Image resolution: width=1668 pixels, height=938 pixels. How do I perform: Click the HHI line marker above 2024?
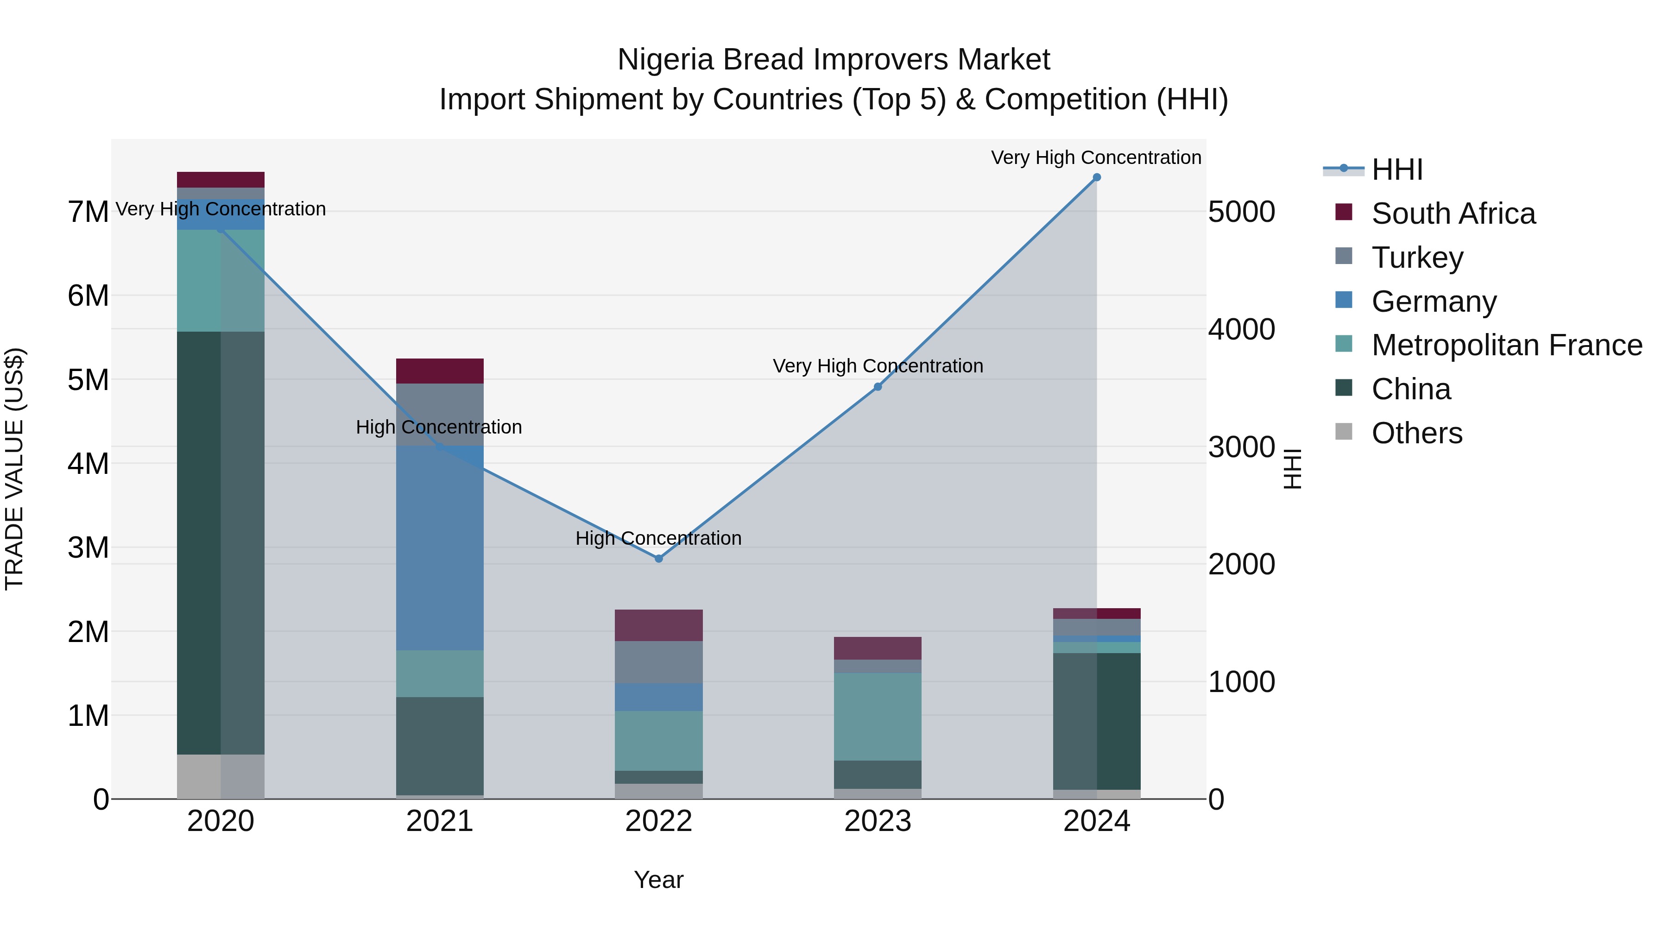[1096, 177]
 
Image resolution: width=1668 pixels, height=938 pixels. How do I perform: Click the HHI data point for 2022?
[658, 559]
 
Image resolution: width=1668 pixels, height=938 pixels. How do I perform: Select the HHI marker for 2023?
[878, 387]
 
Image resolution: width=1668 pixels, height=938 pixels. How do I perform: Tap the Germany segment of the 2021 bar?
[440, 548]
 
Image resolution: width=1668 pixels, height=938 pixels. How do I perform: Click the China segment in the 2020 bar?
[220, 542]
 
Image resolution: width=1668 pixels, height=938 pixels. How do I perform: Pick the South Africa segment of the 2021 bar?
[440, 371]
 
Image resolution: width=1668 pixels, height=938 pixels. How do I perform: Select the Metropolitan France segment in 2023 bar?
[878, 717]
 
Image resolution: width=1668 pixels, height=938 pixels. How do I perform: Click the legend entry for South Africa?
[1453, 214]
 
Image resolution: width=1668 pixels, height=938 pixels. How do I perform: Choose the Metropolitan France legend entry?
[1506, 345]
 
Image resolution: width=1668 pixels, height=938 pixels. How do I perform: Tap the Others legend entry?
[1416, 433]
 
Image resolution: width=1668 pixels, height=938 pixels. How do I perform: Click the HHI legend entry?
[1396, 170]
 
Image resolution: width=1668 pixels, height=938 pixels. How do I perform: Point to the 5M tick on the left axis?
[88, 380]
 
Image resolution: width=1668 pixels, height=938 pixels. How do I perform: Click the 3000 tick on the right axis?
[1241, 447]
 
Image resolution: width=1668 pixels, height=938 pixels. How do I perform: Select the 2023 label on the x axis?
[878, 821]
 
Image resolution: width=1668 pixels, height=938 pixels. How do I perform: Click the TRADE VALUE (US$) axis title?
[14, 469]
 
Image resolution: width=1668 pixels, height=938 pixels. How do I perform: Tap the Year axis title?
[658, 880]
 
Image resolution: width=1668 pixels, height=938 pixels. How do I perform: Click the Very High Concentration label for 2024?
[1096, 157]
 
